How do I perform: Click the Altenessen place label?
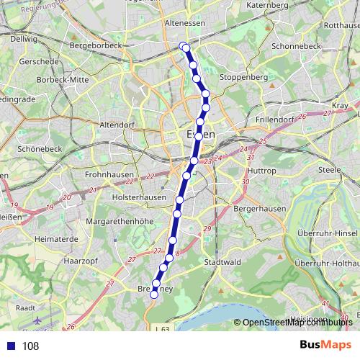pos(185,24)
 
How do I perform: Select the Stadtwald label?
pos(220,262)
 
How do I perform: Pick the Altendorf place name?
pos(117,124)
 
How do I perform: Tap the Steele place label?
pos(329,170)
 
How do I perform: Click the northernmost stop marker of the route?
pos(182,46)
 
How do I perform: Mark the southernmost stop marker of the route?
pos(153,294)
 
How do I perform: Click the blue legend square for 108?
pos(12,346)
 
